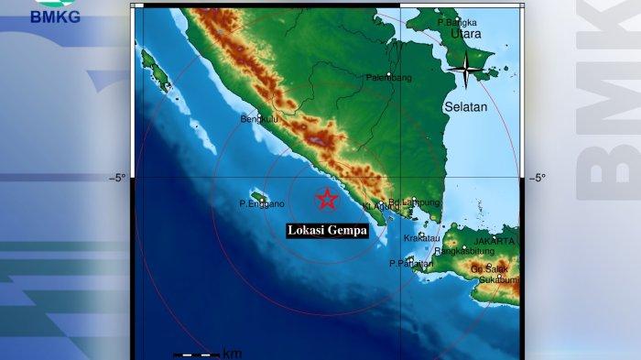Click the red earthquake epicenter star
tap(327, 199)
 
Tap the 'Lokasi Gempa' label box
tap(328, 231)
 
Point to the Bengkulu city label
tap(257, 118)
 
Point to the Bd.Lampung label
tap(414, 202)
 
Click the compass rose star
tap(467, 69)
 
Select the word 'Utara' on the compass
tap(465, 34)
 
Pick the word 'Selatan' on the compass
tap(466, 107)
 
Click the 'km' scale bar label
tap(232, 353)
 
